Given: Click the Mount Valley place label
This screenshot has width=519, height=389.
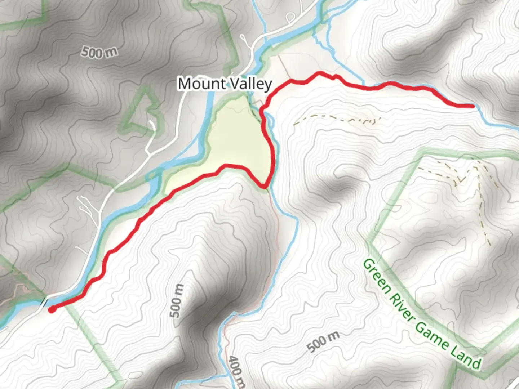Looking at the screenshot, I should [x=225, y=84].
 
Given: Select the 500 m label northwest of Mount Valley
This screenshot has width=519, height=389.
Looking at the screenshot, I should [x=99, y=52].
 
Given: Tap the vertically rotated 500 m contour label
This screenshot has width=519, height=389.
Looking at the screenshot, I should [x=177, y=301].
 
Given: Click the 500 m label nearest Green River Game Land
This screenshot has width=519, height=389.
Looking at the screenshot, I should [x=323, y=342].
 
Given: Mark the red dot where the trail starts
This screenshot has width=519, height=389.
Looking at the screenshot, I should [x=52, y=309].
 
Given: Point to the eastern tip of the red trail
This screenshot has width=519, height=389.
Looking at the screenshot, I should [x=473, y=106].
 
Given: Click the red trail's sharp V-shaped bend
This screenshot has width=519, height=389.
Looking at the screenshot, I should [x=265, y=186].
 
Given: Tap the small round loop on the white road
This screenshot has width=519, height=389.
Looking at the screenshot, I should [x=290, y=17].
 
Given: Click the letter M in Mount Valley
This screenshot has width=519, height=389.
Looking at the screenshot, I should [x=185, y=84].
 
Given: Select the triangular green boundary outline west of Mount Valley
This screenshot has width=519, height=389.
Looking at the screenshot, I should [x=142, y=110].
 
